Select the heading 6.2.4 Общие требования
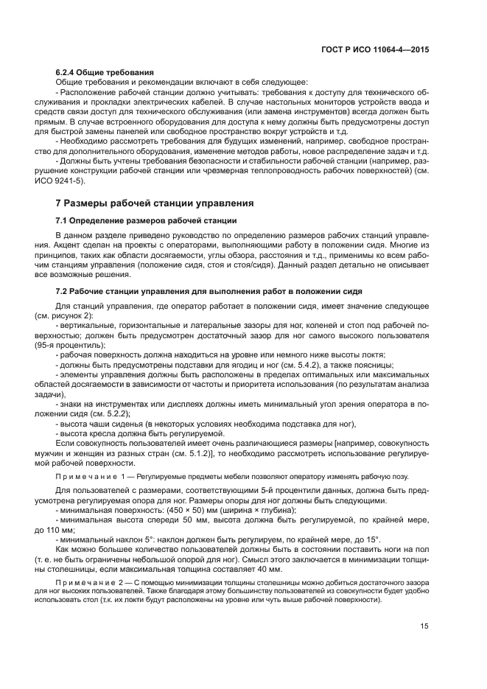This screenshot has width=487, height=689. tap(104, 73)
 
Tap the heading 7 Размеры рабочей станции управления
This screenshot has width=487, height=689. tap(155, 203)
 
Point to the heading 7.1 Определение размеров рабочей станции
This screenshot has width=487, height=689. tap(146, 220)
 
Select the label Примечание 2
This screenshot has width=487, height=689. tap(80, 582)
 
